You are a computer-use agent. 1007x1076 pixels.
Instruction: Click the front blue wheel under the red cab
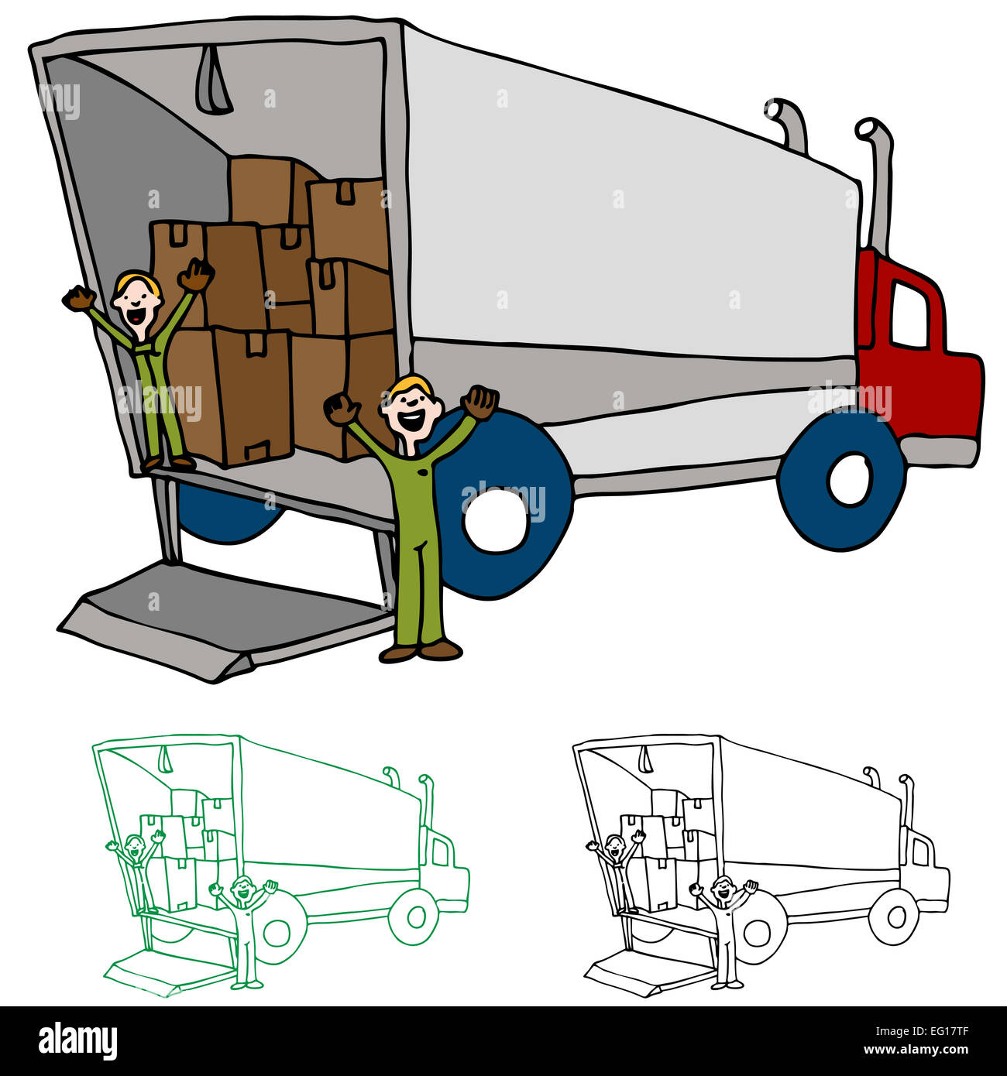point(842,480)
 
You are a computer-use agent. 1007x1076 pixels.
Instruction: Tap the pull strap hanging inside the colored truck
point(212,81)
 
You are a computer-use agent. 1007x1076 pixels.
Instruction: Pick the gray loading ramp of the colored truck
point(225,615)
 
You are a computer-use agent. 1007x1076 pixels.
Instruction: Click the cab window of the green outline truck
point(441,852)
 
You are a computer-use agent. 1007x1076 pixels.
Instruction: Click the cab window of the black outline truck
point(921,852)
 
